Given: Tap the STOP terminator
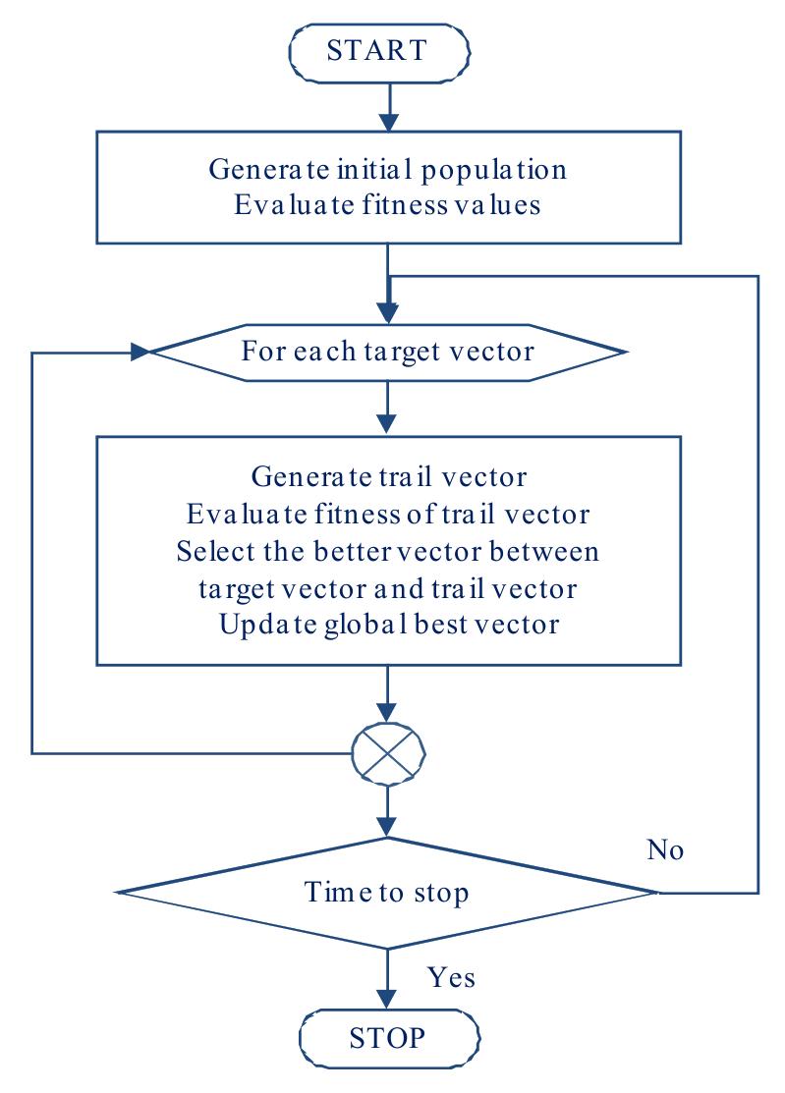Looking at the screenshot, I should click(x=388, y=1036).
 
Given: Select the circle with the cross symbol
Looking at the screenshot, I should click(x=389, y=753).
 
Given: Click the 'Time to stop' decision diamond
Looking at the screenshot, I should click(x=388, y=893).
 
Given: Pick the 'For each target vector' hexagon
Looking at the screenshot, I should click(x=388, y=352).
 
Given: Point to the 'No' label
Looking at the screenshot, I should click(x=665, y=850).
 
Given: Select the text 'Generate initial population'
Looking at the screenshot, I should click(x=388, y=169).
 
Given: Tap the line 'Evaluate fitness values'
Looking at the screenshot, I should click(x=388, y=206).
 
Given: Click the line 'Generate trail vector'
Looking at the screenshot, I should click(x=390, y=476).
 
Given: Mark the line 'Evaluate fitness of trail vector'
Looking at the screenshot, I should click(x=390, y=514).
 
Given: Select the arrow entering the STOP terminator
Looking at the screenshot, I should click(x=389, y=987).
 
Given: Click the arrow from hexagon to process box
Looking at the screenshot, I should click(x=389, y=408).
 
